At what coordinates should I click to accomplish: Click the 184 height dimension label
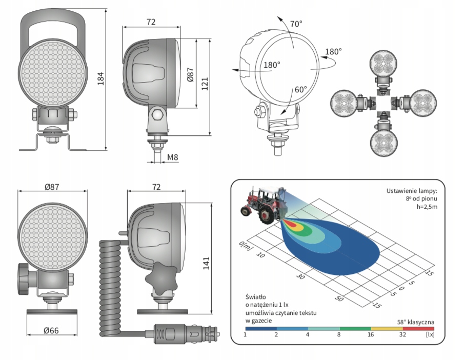[101, 78]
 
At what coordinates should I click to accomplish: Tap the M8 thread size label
[172, 157]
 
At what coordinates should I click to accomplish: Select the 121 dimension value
[205, 84]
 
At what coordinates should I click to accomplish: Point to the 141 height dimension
[207, 263]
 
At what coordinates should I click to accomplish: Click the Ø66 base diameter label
[51, 330]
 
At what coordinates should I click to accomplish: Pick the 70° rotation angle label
[296, 24]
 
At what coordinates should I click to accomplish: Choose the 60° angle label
[301, 89]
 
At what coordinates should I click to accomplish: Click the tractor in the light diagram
[264, 205]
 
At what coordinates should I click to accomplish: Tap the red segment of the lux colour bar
[418, 329]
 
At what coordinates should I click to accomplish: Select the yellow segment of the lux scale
[387, 329]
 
